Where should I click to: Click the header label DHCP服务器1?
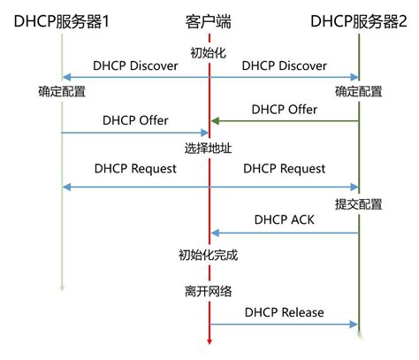tap(61, 19)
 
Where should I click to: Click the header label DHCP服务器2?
tap(358, 19)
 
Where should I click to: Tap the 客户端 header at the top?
tap(210, 19)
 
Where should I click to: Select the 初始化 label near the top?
tap(209, 51)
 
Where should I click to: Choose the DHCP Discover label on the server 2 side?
tap(284, 65)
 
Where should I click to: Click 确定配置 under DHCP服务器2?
tap(359, 90)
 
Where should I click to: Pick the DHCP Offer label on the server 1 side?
tap(134, 120)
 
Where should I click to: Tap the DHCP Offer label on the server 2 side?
tap(284, 109)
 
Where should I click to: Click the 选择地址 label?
tap(209, 146)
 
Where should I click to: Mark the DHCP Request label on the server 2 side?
tap(284, 168)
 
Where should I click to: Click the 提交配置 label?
tap(359, 204)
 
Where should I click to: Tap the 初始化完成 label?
tap(209, 256)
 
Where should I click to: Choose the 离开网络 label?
tap(209, 290)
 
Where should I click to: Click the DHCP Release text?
tap(284, 311)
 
